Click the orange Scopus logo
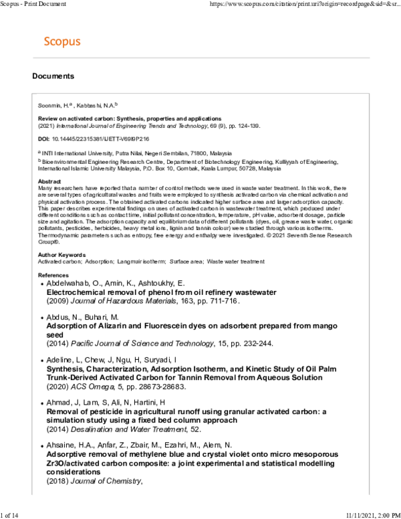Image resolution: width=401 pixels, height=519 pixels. pos(61,42)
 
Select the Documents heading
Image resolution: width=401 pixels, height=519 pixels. pos(53,76)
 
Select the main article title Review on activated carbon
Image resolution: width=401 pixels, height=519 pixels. pos(129,118)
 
